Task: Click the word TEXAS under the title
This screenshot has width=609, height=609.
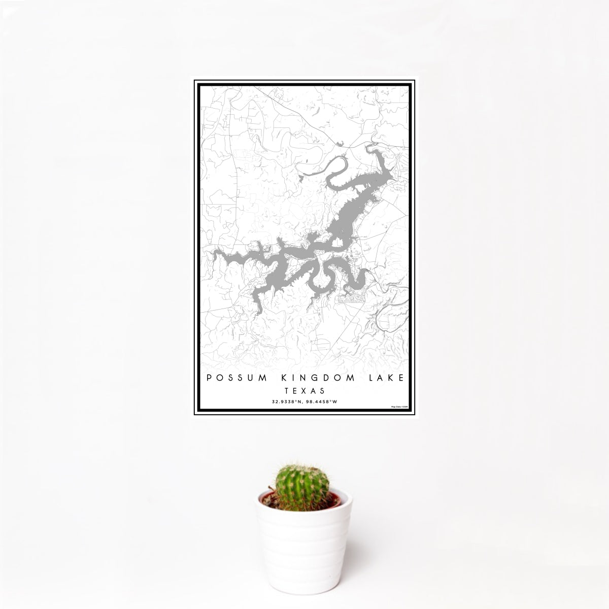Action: coord(305,391)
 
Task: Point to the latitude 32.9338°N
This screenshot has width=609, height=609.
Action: coord(288,401)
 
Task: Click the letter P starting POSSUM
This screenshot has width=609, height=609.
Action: coord(209,378)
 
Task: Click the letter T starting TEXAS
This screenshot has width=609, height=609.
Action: coord(286,391)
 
